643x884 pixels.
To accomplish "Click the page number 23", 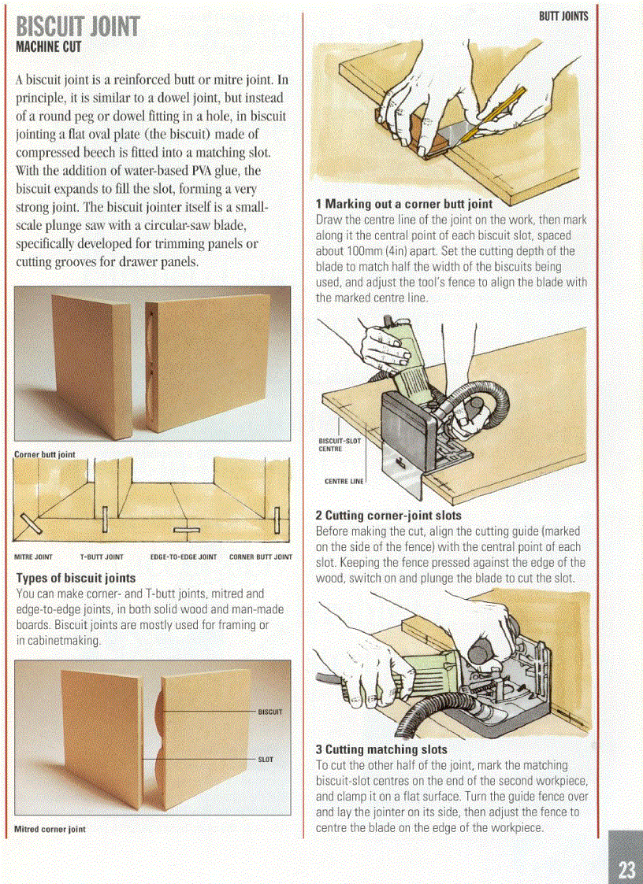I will [x=626, y=869].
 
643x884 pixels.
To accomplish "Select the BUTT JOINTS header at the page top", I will [x=563, y=15].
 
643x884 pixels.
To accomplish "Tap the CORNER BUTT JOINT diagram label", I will [x=260, y=557].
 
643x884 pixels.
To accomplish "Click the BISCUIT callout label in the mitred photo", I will [x=270, y=712].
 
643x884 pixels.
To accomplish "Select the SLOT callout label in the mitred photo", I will [x=266, y=760].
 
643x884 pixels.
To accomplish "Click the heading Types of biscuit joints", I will [x=76, y=578].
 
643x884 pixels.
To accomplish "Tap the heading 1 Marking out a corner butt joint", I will [x=403, y=205].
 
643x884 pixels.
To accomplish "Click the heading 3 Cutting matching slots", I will [x=381, y=749].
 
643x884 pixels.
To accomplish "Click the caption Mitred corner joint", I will [x=50, y=829].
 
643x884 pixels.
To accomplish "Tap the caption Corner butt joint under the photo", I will [x=45, y=454].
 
